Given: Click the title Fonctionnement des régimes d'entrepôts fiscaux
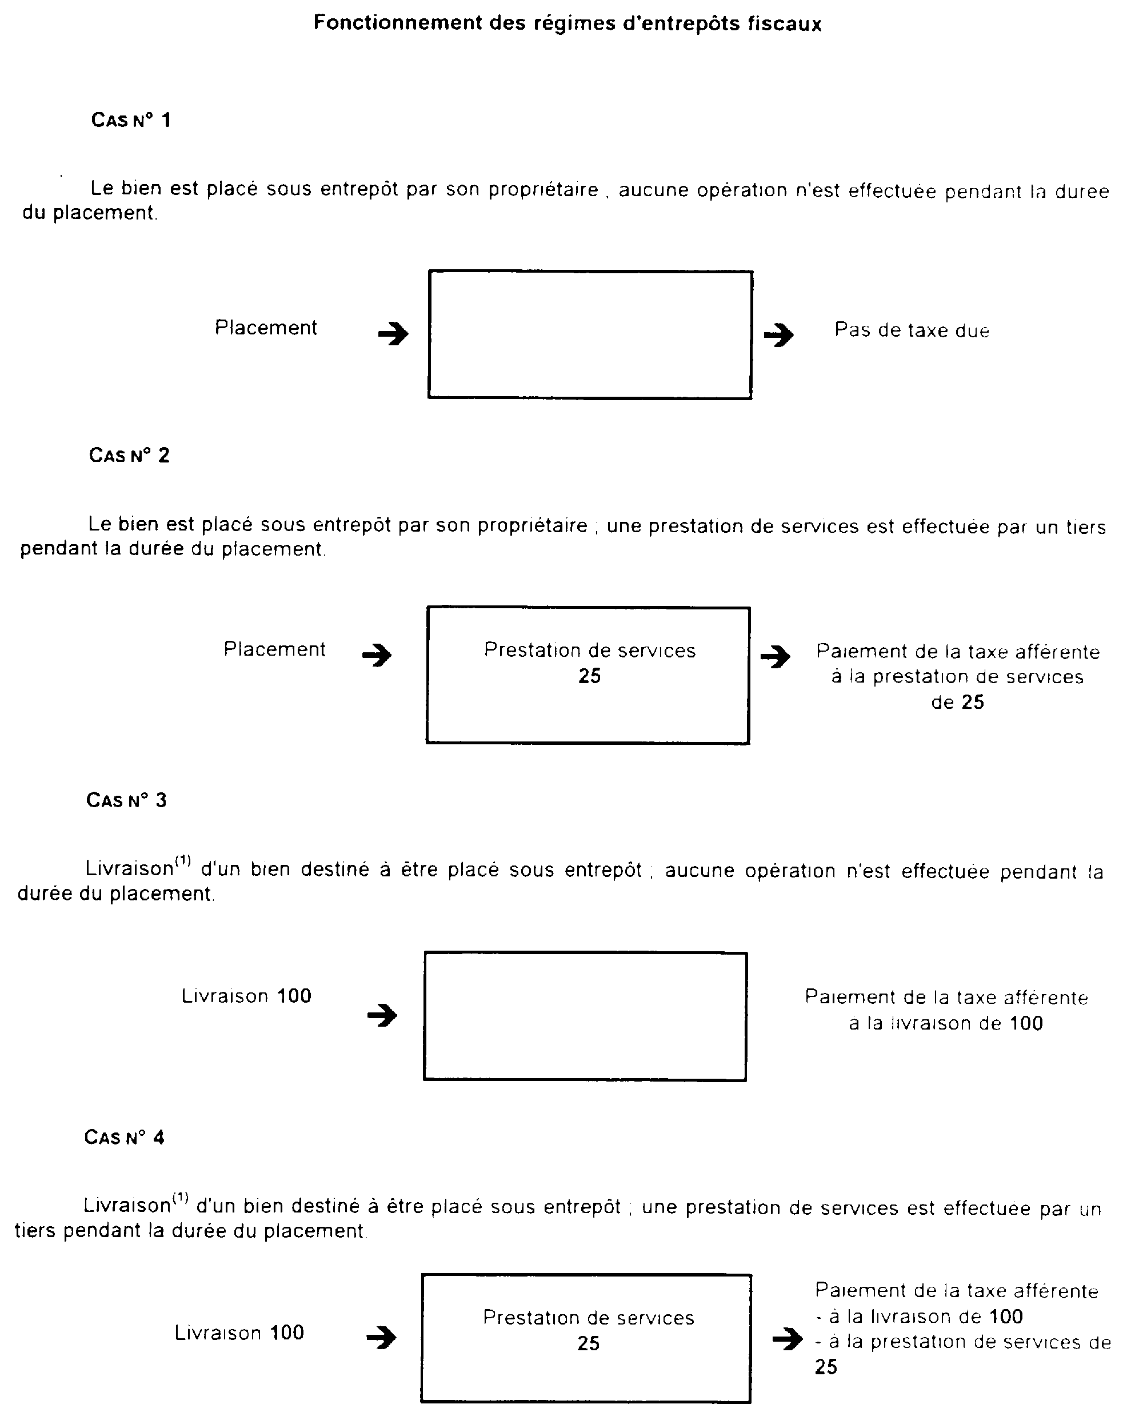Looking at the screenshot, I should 567,23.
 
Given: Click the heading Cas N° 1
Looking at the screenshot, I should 131,120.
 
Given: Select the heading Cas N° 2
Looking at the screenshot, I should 129,455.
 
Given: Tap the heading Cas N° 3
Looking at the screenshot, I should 126,800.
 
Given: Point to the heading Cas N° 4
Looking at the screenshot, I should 125,1138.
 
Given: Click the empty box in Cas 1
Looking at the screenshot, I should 590,334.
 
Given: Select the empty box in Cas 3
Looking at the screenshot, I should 585,1016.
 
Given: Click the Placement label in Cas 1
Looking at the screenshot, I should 266,328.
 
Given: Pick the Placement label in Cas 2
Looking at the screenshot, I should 274,649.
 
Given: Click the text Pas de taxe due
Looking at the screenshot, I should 912,330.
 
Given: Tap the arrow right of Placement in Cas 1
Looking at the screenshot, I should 393,334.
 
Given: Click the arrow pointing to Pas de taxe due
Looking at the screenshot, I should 779,334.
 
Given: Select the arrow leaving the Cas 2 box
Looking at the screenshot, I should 776,656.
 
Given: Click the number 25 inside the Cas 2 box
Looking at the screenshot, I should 589,676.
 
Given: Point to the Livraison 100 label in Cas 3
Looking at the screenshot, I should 246,996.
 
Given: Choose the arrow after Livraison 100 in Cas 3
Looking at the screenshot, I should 382,1015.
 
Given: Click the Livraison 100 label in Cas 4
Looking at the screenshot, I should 239,1333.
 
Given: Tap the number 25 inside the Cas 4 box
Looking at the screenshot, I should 588,1343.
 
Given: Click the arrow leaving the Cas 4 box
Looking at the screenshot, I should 788,1338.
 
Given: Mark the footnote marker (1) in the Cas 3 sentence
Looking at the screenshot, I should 182,860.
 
